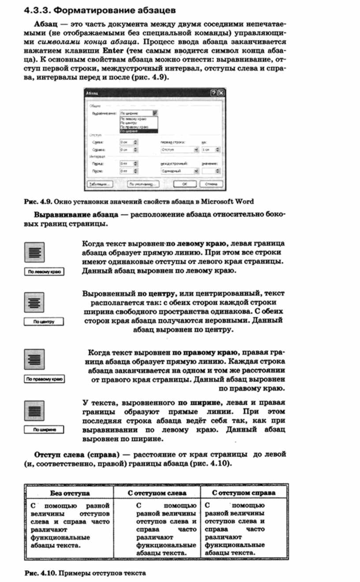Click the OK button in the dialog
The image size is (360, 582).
coord(186,184)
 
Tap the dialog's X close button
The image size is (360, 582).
coord(221,93)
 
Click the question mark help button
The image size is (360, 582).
coord(214,93)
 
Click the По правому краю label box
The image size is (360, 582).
coord(44,379)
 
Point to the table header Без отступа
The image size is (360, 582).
coord(69,492)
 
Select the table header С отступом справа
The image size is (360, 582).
coord(244,492)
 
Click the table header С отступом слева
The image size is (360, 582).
coord(157,492)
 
